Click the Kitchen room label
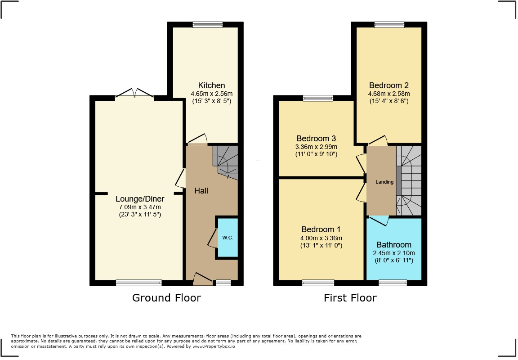pyautogui.click(x=211, y=85)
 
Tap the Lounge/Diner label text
pyautogui.click(x=140, y=199)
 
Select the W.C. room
pyautogui.click(x=228, y=237)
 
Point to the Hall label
pyautogui.click(x=201, y=191)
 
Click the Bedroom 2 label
pyautogui.click(x=389, y=85)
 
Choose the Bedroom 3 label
pyautogui.click(x=316, y=139)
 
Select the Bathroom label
pyautogui.click(x=394, y=245)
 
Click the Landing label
pyautogui.click(x=384, y=182)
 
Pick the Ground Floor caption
pyautogui.click(x=166, y=298)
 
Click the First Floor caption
pyautogui.click(x=350, y=298)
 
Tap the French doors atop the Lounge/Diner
pyautogui.click(x=134, y=93)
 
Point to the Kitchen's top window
pyautogui.click(x=208, y=25)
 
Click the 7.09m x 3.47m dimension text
pyautogui.click(x=140, y=207)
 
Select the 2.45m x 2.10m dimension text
pyautogui.click(x=394, y=253)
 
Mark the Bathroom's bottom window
pyautogui.click(x=393, y=283)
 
